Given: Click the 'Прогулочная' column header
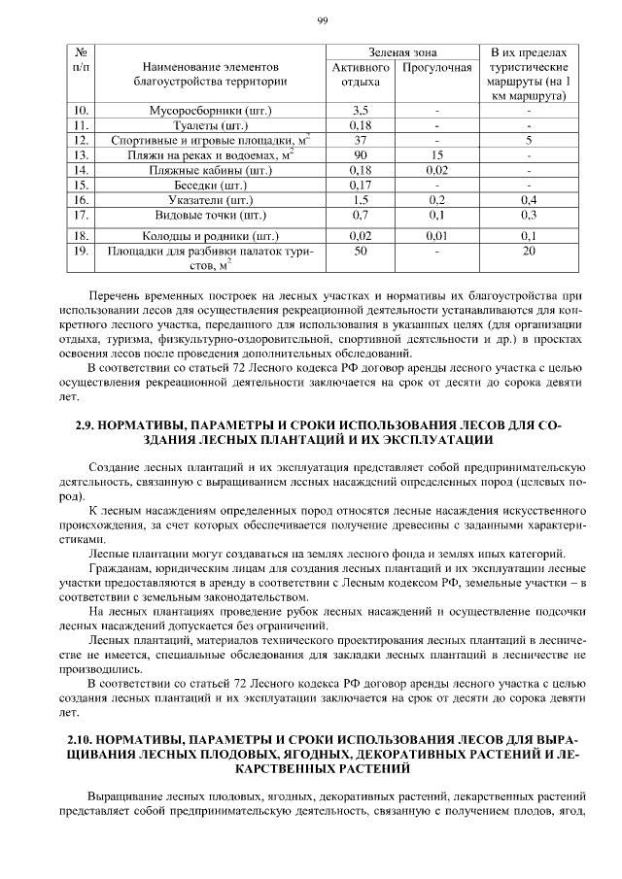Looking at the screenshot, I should point(436,68).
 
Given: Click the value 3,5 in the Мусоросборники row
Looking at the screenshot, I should point(361,110).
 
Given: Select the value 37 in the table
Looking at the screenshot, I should point(361,140).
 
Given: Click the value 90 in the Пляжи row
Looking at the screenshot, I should point(361,154).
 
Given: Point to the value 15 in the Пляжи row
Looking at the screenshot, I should point(436,154).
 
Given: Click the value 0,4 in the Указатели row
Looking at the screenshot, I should point(529,199).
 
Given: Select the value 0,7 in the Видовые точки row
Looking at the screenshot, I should point(361,214).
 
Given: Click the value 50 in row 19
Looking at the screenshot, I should point(361,251).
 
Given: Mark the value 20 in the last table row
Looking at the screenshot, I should point(529,251).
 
